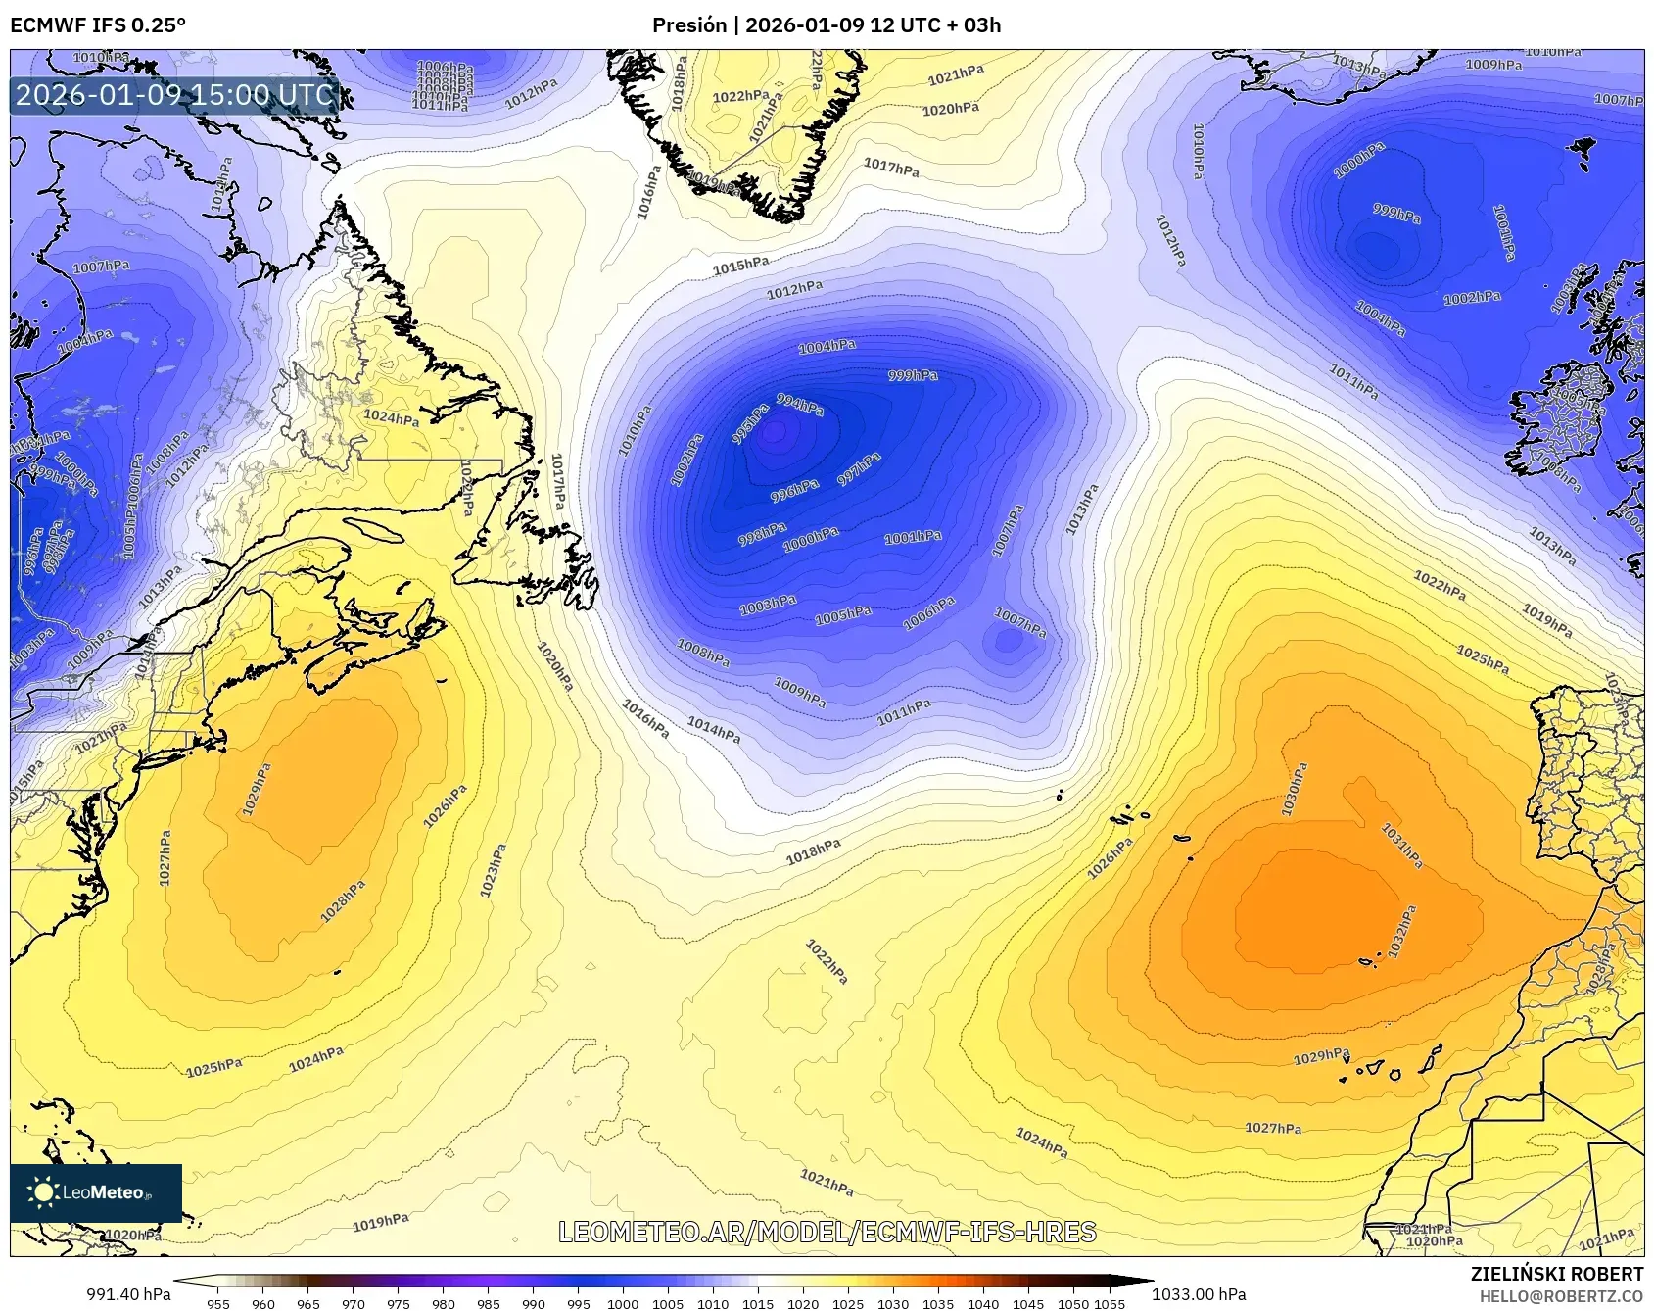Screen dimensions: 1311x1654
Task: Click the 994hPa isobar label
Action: pos(800,404)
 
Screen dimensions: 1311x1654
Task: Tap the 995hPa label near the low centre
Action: pos(750,424)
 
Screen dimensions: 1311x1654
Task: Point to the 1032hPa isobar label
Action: pos(1402,932)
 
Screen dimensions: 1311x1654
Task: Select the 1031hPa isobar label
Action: pos(1401,845)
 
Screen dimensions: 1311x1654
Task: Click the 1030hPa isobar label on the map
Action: pos(1294,790)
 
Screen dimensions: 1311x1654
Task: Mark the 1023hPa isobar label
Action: pos(493,870)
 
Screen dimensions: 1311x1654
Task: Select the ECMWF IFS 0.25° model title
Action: pos(98,24)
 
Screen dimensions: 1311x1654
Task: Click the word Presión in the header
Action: pos(689,24)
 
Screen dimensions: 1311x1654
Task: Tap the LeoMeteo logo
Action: pos(96,1192)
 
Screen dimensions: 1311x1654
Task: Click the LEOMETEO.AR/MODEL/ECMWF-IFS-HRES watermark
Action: pos(827,1232)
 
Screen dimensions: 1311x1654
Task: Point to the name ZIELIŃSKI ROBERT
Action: pos(1556,1274)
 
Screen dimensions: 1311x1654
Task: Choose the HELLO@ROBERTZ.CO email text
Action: pos(1561,1296)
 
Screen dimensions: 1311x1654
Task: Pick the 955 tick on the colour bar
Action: pos(218,1303)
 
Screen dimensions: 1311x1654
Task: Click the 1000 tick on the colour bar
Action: pos(623,1303)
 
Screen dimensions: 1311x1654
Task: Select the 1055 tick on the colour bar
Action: pos(1110,1303)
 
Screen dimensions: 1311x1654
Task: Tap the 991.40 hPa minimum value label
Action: pos(128,1294)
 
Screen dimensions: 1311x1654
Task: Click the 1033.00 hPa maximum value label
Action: pos(1199,1294)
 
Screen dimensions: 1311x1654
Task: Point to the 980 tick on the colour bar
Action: pos(444,1303)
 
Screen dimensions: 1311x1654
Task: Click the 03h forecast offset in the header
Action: pos(982,24)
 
